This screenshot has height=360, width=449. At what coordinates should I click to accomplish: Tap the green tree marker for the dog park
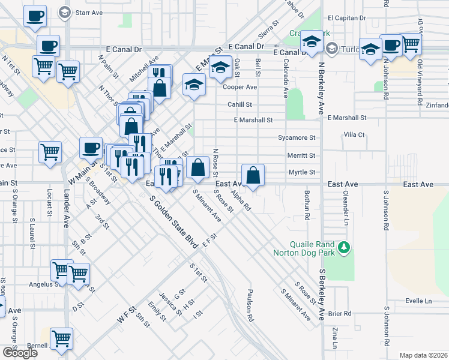(344, 247)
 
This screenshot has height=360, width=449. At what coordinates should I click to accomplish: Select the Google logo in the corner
(20, 353)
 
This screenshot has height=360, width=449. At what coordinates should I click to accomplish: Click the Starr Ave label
(88, 11)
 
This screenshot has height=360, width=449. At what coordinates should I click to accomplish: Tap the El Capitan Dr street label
(346, 18)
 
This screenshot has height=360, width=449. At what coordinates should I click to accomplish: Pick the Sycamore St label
(296, 137)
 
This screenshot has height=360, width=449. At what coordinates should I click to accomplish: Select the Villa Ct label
(354, 135)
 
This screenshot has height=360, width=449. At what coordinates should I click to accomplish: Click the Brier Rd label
(339, 313)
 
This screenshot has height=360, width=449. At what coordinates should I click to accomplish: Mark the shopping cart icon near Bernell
(62, 340)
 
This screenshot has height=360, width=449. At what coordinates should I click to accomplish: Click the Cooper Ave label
(240, 87)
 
